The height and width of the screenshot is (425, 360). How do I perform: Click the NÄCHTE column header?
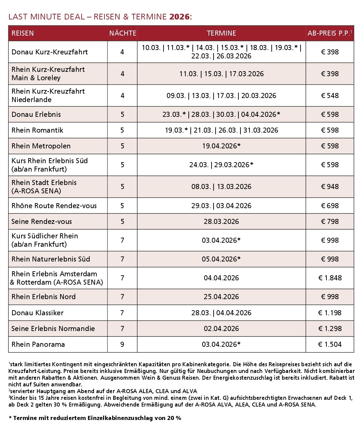123,33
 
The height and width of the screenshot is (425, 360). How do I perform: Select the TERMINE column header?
221,33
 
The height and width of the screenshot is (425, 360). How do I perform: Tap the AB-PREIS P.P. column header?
330,33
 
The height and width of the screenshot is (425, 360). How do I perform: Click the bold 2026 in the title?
179,17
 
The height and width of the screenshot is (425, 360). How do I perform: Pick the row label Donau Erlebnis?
36,114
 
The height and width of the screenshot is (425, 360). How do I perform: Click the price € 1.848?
330,278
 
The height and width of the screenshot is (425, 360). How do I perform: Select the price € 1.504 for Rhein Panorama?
330,344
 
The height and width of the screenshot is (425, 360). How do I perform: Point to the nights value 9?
122,344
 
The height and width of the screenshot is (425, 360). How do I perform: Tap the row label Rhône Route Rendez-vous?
54,206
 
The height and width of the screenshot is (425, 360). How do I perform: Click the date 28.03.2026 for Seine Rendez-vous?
221,222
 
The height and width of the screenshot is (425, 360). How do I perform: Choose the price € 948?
330,187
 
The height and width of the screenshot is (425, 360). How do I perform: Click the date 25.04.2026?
221,297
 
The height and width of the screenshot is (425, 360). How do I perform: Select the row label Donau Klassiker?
38,313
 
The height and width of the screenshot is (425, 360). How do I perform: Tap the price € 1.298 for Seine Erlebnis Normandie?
330,329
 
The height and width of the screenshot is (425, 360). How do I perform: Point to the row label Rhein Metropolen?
41,146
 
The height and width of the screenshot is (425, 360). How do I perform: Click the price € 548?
330,96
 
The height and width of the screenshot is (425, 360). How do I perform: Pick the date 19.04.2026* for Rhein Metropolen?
221,146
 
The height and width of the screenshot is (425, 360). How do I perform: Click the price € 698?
330,206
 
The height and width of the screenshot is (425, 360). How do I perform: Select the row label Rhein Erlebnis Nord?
44,297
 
